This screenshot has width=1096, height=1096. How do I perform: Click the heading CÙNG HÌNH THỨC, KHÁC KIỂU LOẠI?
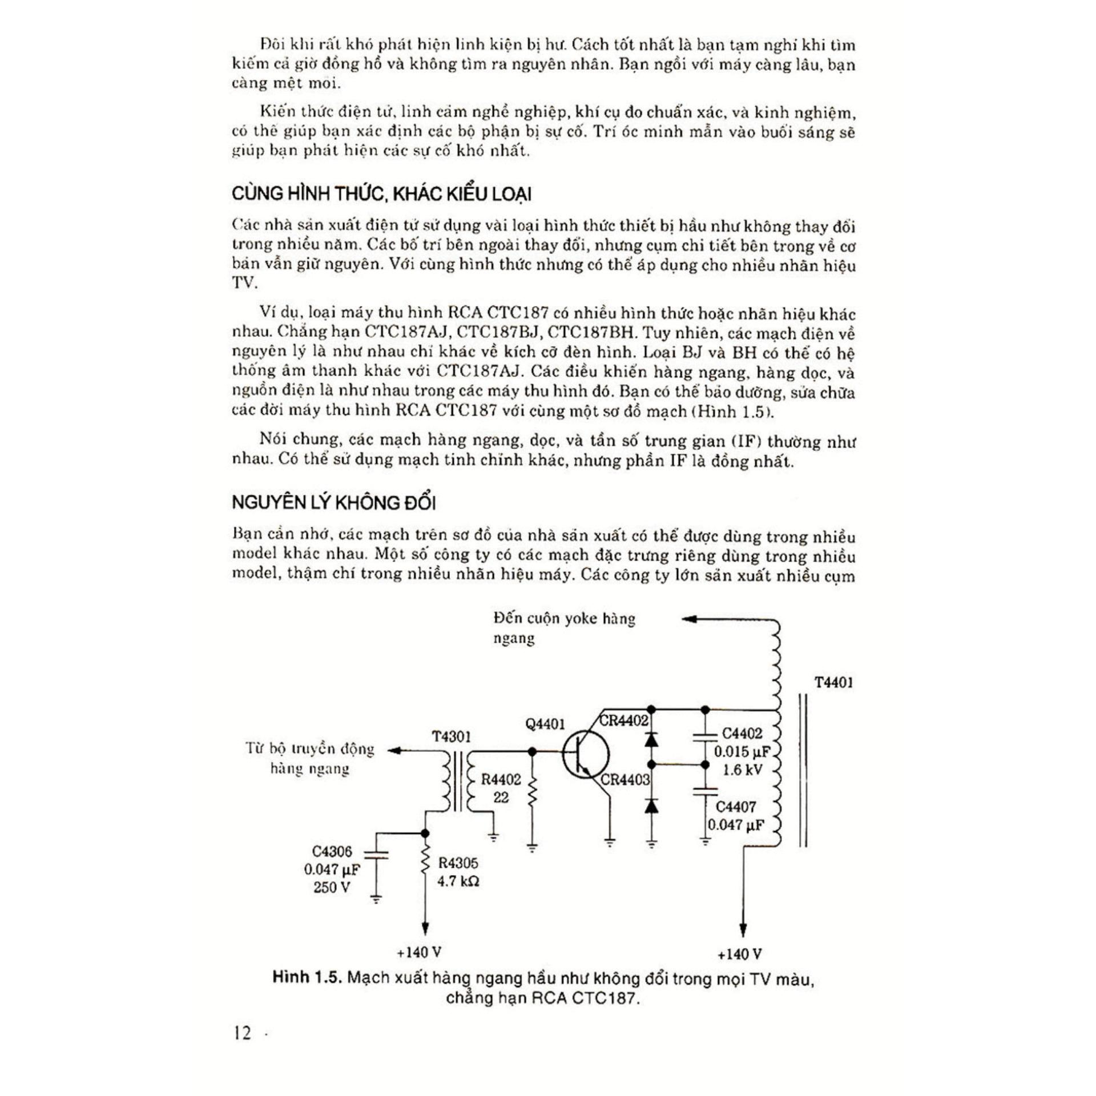coord(381,194)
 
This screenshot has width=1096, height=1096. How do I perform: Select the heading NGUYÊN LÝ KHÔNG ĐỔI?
coord(334,503)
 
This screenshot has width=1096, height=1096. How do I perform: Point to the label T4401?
coord(833,683)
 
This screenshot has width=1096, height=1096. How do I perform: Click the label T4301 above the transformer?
coord(451,736)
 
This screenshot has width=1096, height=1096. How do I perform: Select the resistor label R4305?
coord(458,863)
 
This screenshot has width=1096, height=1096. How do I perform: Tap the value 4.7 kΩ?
coord(458,881)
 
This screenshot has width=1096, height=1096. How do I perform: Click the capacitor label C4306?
coord(332,852)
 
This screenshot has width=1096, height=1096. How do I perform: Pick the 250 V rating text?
coord(332,888)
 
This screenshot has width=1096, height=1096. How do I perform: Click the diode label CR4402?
coord(624,720)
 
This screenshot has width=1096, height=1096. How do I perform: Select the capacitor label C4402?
coord(742,734)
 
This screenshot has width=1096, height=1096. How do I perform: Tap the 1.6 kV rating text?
coord(742,770)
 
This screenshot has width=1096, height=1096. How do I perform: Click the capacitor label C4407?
coord(736,807)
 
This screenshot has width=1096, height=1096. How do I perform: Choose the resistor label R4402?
coord(501,780)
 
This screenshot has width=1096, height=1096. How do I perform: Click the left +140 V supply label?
coord(420,952)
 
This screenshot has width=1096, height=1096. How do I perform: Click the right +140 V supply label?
coord(740,954)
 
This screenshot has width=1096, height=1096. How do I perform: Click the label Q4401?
coord(545,724)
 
